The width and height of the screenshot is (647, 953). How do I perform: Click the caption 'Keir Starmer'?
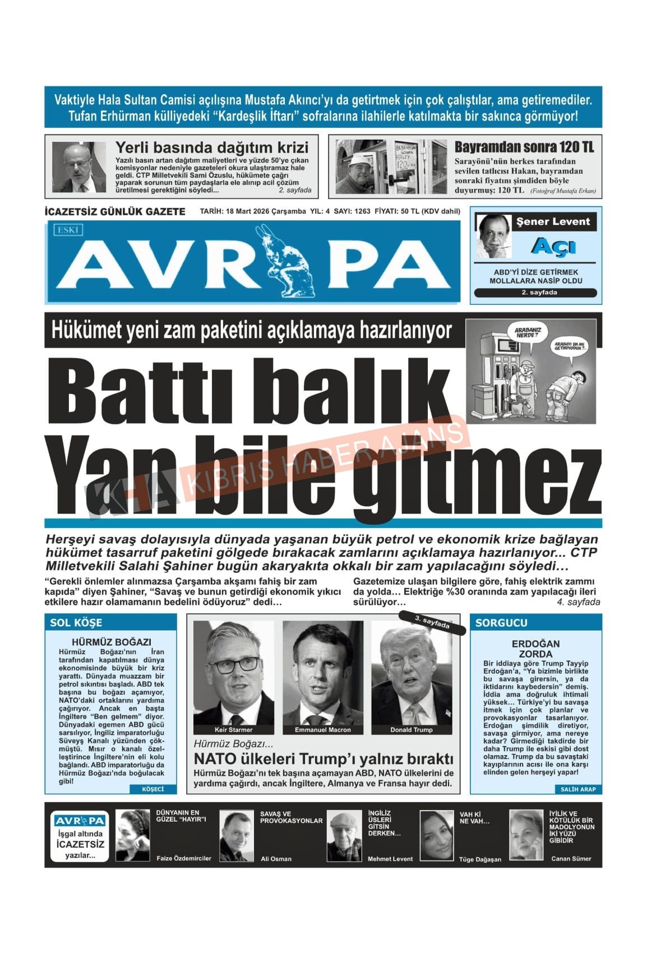point(233,729)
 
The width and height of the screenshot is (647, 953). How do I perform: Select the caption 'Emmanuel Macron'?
point(322,729)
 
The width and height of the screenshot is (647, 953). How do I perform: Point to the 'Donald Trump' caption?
point(412,729)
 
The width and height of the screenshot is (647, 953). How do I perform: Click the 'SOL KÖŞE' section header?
point(76,622)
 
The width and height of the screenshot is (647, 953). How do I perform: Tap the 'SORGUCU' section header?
point(501,622)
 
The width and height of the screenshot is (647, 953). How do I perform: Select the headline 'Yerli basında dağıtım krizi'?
point(211,147)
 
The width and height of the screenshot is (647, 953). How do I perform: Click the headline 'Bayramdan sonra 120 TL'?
point(524,147)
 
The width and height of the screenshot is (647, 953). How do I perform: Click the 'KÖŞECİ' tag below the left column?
point(153,789)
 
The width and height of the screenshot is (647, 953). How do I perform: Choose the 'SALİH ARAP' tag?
point(578,789)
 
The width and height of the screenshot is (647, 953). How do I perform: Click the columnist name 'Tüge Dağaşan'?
point(479,859)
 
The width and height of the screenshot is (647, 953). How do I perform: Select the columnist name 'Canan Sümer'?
point(571,858)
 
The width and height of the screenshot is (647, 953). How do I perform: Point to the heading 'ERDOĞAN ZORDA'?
point(535,649)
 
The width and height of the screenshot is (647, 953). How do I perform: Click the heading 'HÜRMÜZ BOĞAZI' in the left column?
point(111,642)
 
